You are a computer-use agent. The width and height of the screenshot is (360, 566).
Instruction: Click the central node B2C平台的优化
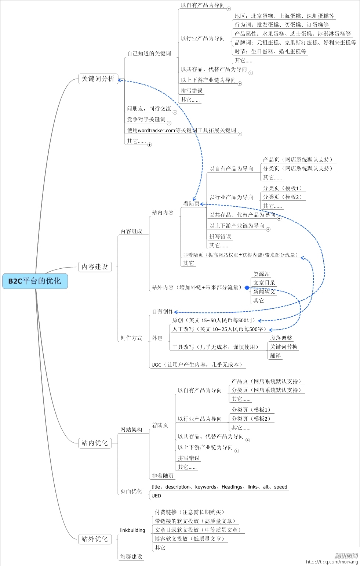tap(35, 281)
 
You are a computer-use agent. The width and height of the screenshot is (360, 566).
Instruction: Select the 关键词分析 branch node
tap(98, 79)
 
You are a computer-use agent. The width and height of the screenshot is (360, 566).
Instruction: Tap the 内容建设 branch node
tap(95, 267)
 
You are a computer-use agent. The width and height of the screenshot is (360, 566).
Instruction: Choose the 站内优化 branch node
tap(95, 443)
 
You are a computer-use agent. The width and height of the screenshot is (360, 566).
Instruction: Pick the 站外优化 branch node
tap(95, 539)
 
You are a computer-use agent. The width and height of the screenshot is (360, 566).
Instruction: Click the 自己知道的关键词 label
tap(149, 54)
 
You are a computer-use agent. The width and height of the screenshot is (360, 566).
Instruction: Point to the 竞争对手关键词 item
tap(146, 119)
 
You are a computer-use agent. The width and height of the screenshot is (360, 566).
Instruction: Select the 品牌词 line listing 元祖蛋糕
tap(295, 43)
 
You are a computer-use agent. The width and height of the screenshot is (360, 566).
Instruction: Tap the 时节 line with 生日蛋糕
tap(270, 51)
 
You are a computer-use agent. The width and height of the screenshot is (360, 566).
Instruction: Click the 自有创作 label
tap(163, 312)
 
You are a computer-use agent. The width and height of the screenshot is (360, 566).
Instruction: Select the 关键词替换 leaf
tap(284, 347)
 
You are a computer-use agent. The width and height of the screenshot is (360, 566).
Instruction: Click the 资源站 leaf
tap(261, 274)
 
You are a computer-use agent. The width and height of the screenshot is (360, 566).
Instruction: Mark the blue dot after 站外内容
tap(247, 288)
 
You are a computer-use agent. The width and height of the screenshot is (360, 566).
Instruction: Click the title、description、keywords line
tap(219, 487)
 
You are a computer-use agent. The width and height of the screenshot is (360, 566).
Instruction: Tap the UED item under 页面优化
tap(156, 496)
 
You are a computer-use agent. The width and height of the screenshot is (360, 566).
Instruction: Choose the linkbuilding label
tap(132, 530)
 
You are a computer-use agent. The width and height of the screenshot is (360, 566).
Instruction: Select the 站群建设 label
tap(131, 557)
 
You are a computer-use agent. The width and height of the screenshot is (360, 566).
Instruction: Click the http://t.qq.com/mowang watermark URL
tap(332, 562)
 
